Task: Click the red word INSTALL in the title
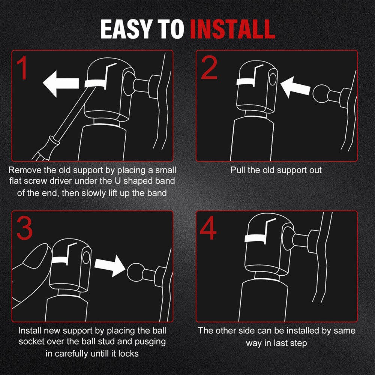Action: tap(232, 29)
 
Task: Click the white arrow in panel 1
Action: tap(61, 84)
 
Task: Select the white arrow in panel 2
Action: tap(295, 87)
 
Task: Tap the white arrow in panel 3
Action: tap(110, 266)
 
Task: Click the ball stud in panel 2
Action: tap(321, 94)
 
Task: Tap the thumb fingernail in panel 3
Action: tap(36, 254)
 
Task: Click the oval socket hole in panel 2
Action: tap(273, 79)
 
